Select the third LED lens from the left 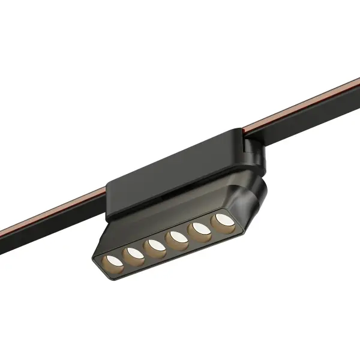click(154, 245)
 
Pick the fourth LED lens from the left click(176, 238)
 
